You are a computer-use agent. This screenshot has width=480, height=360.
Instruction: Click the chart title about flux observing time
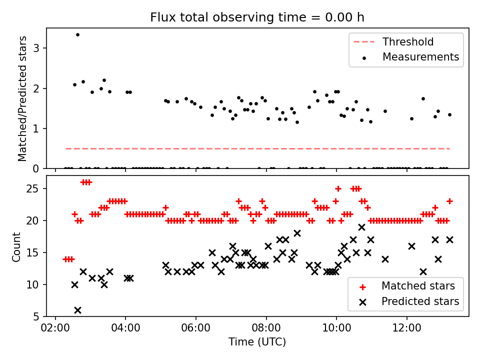click(x=257, y=17)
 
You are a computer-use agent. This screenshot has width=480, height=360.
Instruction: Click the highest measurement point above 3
click(x=77, y=34)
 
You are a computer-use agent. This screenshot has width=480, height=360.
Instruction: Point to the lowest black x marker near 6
click(x=77, y=310)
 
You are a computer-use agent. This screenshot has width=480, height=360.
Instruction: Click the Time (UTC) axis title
click(x=257, y=342)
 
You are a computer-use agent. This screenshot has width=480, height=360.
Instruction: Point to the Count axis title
click(x=17, y=246)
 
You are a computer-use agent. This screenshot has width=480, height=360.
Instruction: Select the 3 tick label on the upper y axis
click(x=37, y=48)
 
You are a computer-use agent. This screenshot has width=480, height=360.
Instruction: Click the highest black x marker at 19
click(x=361, y=227)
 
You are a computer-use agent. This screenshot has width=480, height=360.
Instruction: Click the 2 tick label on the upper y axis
click(x=37, y=88)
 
